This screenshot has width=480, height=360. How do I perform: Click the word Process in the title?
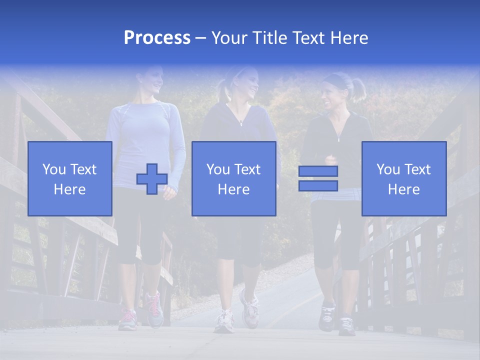pyautogui.click(x=157, y=38)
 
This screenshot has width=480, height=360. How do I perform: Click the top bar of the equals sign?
pyautogui.click(x=318, y=171)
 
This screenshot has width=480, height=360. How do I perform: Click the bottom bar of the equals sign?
pyautogui.click(x=318, y=185)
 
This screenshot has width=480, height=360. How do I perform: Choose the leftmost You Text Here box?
pyautogui.click(x=70, y=178)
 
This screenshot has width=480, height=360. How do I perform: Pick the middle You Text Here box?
pyautogui.click(x=233, y=178)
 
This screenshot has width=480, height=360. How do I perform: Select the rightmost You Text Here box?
pyautogui.click(x=403, y=178)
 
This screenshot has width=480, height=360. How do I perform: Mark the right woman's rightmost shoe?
pyautogui.click(x=346, y=325)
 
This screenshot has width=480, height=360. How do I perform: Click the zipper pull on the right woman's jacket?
pyautogui.click(x=338, y=138)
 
